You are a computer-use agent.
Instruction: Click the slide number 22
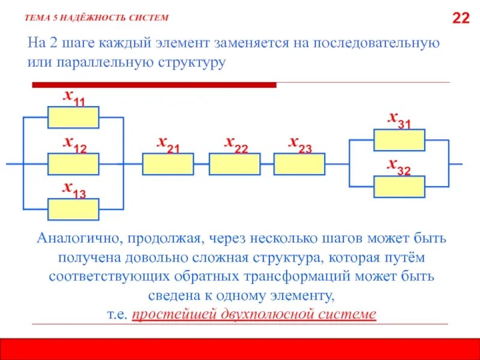460,19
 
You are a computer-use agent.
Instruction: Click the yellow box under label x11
73,117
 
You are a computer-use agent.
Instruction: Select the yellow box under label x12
73,163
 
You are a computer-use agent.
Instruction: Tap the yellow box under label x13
73,209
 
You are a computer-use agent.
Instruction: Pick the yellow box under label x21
168,163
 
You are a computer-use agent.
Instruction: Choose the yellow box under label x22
235,163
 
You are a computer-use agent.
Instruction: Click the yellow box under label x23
299,163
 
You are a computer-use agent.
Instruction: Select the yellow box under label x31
399,140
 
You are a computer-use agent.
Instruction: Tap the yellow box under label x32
399,187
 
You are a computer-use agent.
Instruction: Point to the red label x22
236,143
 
